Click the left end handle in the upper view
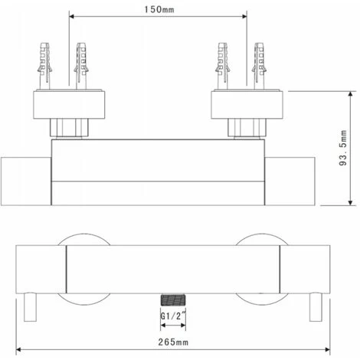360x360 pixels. click(x=25, y=178)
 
